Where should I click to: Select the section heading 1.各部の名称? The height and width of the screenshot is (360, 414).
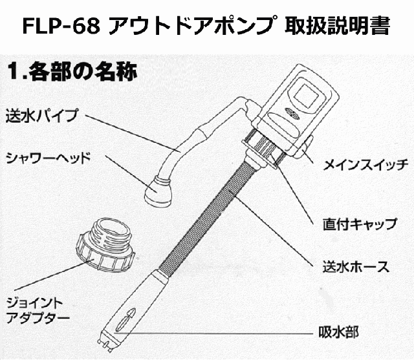click(71, 72)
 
